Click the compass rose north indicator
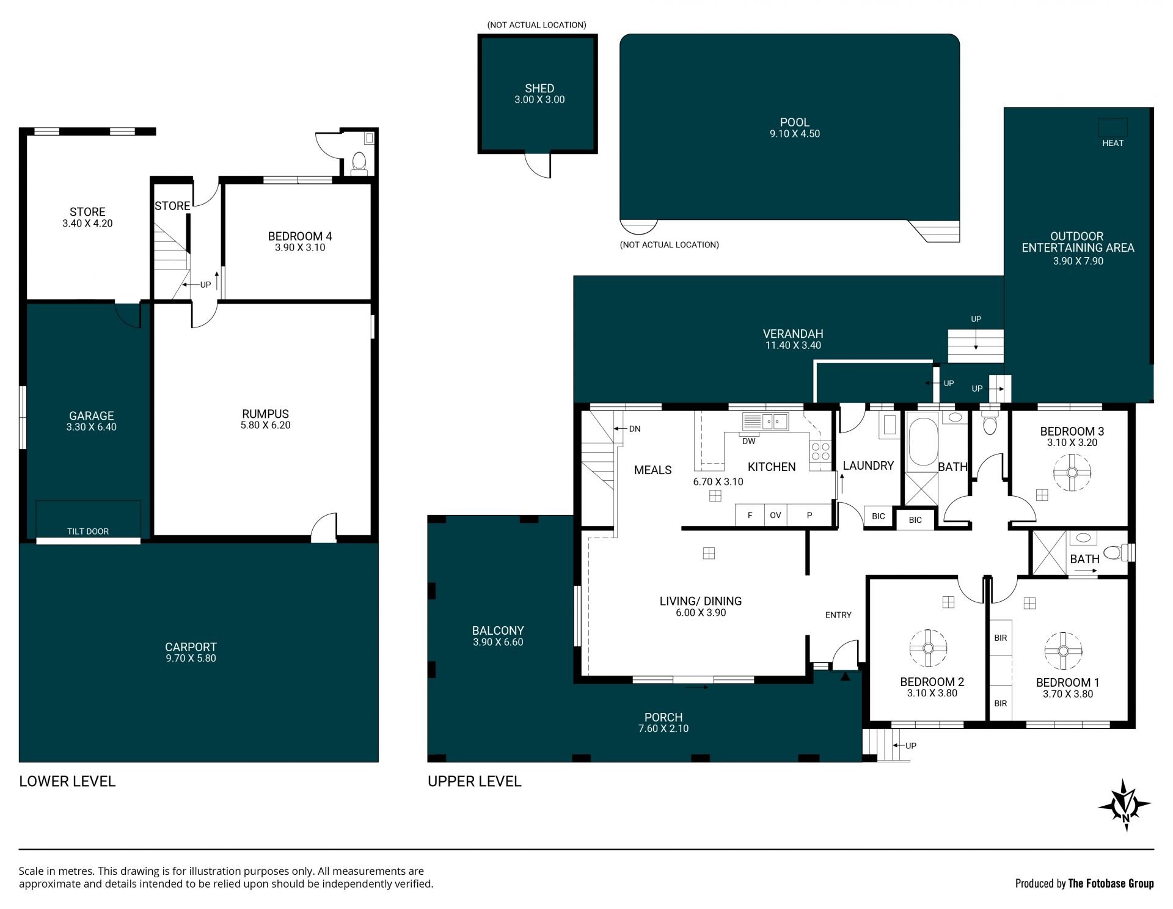(x=1125, y=805)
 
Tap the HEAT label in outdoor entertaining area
(x=1113, y=143)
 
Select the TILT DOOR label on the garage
(x=88, y=531)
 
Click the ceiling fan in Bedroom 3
(x=1072, y=472)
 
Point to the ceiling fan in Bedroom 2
(x=928, y=648)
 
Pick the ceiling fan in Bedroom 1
(x=1063, y=651)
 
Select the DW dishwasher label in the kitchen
(x=748, y=441)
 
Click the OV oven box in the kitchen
(x=775, y=515)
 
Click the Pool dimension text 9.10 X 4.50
(x=794, y=134)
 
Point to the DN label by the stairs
(x=635, y=429)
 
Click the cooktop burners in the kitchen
(x=820, y=451)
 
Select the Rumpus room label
(x=265, y=414)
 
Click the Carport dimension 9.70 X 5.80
(x=191, y=658)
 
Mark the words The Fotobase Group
(x=1111, y=883)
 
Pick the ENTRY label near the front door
(x=838, y=615)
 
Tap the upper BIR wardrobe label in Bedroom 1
(x=1000, y=638)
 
